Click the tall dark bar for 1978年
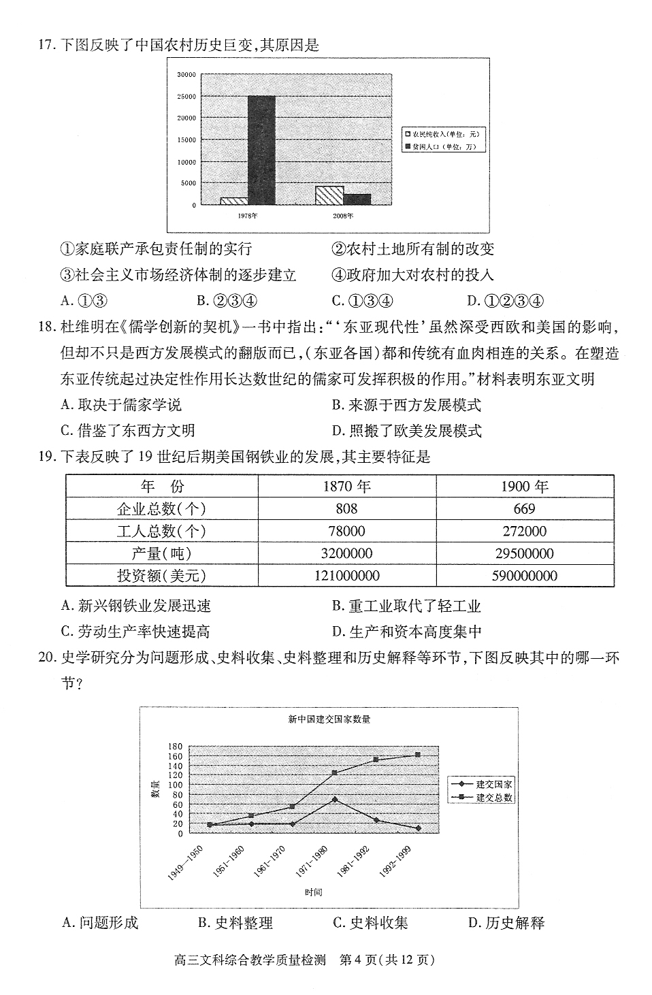[x=261, y=150]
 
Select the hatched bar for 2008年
[x=329, y=195]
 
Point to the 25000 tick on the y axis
[x=186, y=97]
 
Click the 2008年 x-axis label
[x=343, y=216]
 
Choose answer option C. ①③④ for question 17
[x=363, y=301]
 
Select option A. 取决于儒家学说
[x=121, y=405]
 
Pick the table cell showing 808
[x=346, y=509]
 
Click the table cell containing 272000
[x=524, y=532]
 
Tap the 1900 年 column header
[x=524, y=487]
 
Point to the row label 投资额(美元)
[x=161, y=576]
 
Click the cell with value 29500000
[x=524, y=554]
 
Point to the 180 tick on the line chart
[x=176, y=747]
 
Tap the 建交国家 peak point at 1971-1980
[x=334, y=799]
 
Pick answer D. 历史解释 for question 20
[x=506, y=923]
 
